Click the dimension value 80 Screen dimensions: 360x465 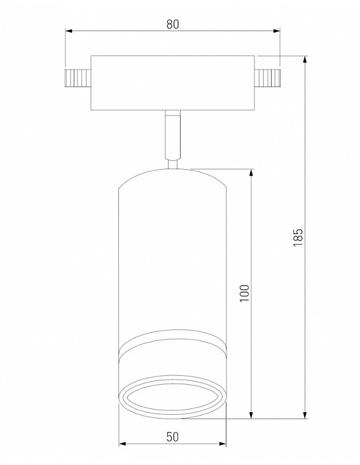[x=172, y=24]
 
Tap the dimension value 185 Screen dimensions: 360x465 [x=298, y=237]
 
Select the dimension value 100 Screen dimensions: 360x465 [x=245, y=293]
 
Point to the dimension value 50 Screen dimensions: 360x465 [x=172, y=437]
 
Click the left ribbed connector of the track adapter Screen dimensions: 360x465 [x=78, y=78]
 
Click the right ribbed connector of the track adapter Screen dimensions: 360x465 [x=267, y=78]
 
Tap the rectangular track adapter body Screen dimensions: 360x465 [x=172, y=83]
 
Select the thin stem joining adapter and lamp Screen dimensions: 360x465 [x=172, y=135]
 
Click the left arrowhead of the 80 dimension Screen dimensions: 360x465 [x=69, y=31]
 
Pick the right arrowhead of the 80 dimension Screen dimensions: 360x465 [x=277, y=31]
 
